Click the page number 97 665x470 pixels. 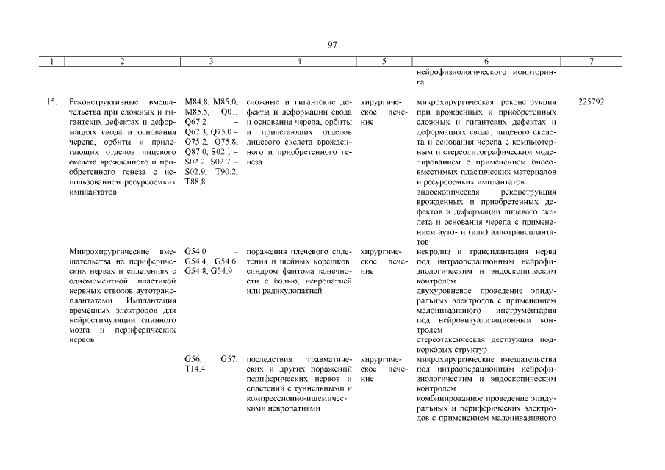(332, 45)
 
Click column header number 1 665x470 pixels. (52, 62)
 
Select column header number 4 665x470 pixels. (298, 62)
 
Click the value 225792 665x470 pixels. (591, 101)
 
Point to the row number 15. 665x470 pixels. (52, 101)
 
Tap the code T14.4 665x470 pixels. (195, 369)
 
